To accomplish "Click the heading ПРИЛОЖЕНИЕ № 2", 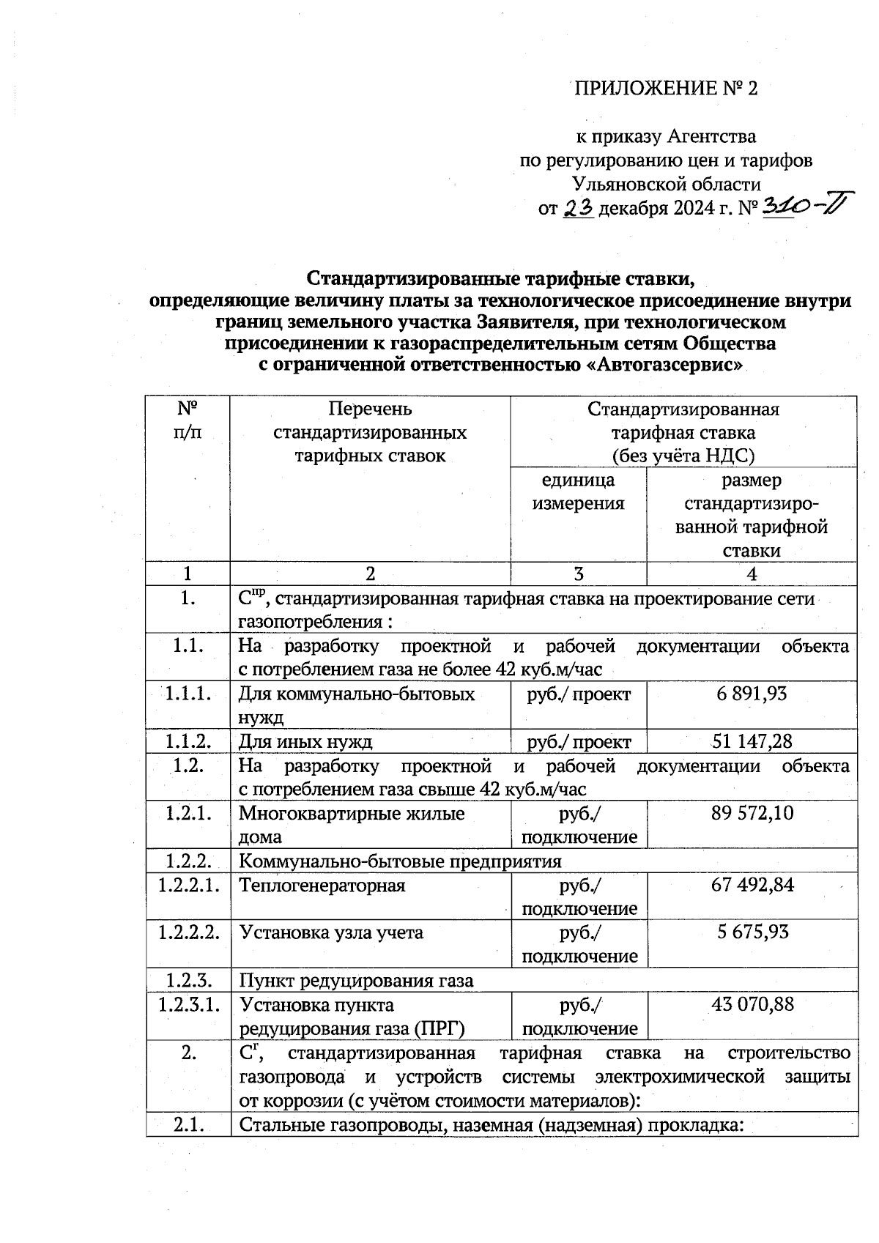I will [x=664, y=89].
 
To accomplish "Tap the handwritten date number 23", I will [x=578, y=209].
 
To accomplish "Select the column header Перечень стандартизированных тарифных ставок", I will [x=370, y=432].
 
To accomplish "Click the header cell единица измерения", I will [x=578, y=491].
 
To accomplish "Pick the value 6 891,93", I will [x=752, y=694].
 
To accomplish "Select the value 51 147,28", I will [x=752, y=741].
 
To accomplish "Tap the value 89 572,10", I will [x=752, y=813].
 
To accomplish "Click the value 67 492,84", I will [x=752, y=885].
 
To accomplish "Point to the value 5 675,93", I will [x=752, y=932].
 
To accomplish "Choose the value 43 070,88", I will [x=752, y=1004].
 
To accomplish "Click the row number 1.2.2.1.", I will [x=188, y=885].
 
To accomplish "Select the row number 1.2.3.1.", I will [x=188, y=1004].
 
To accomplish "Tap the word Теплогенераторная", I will [x=322, y=886].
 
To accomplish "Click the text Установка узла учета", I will [x=331, y=933].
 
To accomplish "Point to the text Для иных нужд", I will [x=305, y=742].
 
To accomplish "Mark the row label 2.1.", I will [x=188, y=1125].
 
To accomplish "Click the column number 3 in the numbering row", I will [x=578, y=574].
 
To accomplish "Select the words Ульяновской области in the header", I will [x=666, y=184].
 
